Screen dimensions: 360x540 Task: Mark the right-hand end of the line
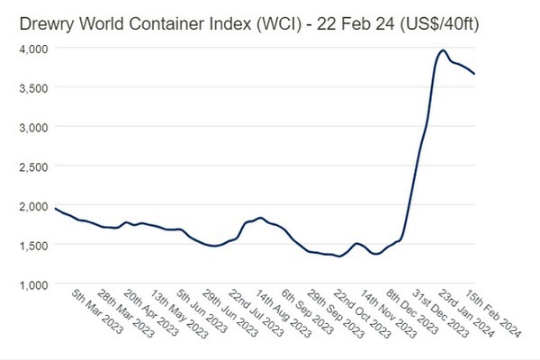tap(474, 74)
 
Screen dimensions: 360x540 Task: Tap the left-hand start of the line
tap(55, 208)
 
